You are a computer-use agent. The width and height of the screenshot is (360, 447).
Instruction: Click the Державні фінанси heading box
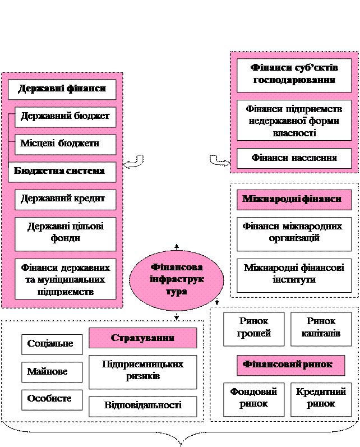[x=62, y=89]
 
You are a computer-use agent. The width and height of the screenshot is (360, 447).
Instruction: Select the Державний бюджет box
[x=65, y=117]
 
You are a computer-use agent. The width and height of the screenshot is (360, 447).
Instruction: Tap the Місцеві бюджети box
[x=65, y=144]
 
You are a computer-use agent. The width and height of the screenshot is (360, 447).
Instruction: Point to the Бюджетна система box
[x=62, y=172]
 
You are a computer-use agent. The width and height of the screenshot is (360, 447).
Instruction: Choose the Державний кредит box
[x=65, y=199]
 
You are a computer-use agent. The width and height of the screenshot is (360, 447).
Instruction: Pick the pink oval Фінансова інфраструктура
[x=177, y=279]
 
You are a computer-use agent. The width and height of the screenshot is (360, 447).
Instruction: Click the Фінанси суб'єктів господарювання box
[x=294, y=75]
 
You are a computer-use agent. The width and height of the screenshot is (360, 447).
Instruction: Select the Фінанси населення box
[x=294, y=158]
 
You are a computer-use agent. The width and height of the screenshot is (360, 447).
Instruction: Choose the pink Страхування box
[x=142, y=338]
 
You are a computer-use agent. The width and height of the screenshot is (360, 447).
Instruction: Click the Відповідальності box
[x=142, y=405]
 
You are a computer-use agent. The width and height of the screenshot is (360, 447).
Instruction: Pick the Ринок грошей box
[x=255, y=328]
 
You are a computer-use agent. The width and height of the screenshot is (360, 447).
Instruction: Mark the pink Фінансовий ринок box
[x=290, y=365]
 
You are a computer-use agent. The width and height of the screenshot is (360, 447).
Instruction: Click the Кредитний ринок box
[x=321, y=398]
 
